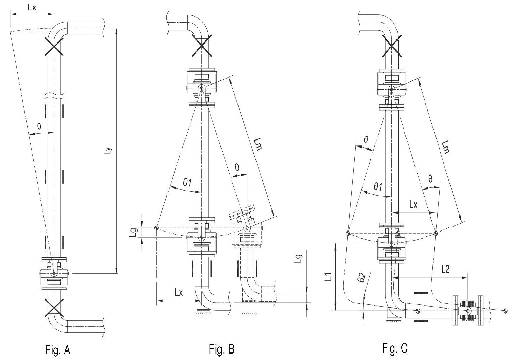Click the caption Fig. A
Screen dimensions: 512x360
(58, 350)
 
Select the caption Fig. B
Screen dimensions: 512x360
(222, 349)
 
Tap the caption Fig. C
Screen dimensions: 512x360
(395, 348)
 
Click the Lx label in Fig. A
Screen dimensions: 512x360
(32, 7)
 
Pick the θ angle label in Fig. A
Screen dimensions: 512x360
(39, 126)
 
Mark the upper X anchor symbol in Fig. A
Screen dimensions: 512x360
(54, 47)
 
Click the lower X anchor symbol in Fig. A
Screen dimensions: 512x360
(54, 308)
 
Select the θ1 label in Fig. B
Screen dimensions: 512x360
(187, 182)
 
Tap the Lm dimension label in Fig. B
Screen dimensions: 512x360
(258, 144)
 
